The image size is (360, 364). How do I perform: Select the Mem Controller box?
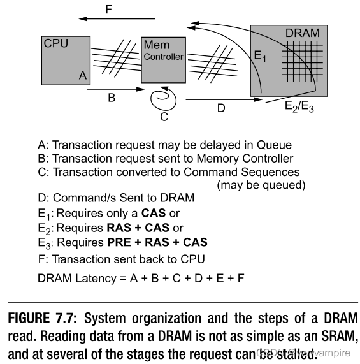tap(162, 59)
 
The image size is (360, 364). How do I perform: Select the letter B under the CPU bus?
tap(111, 99)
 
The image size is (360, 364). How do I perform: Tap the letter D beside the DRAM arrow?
tap(221, 108)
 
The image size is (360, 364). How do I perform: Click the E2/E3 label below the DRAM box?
tap(299, 107)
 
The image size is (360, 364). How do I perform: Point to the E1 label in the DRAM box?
tap(260, 57)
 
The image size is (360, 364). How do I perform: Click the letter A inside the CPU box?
tap(82, 75)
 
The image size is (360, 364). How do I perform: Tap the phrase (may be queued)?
tap(261, 186)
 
